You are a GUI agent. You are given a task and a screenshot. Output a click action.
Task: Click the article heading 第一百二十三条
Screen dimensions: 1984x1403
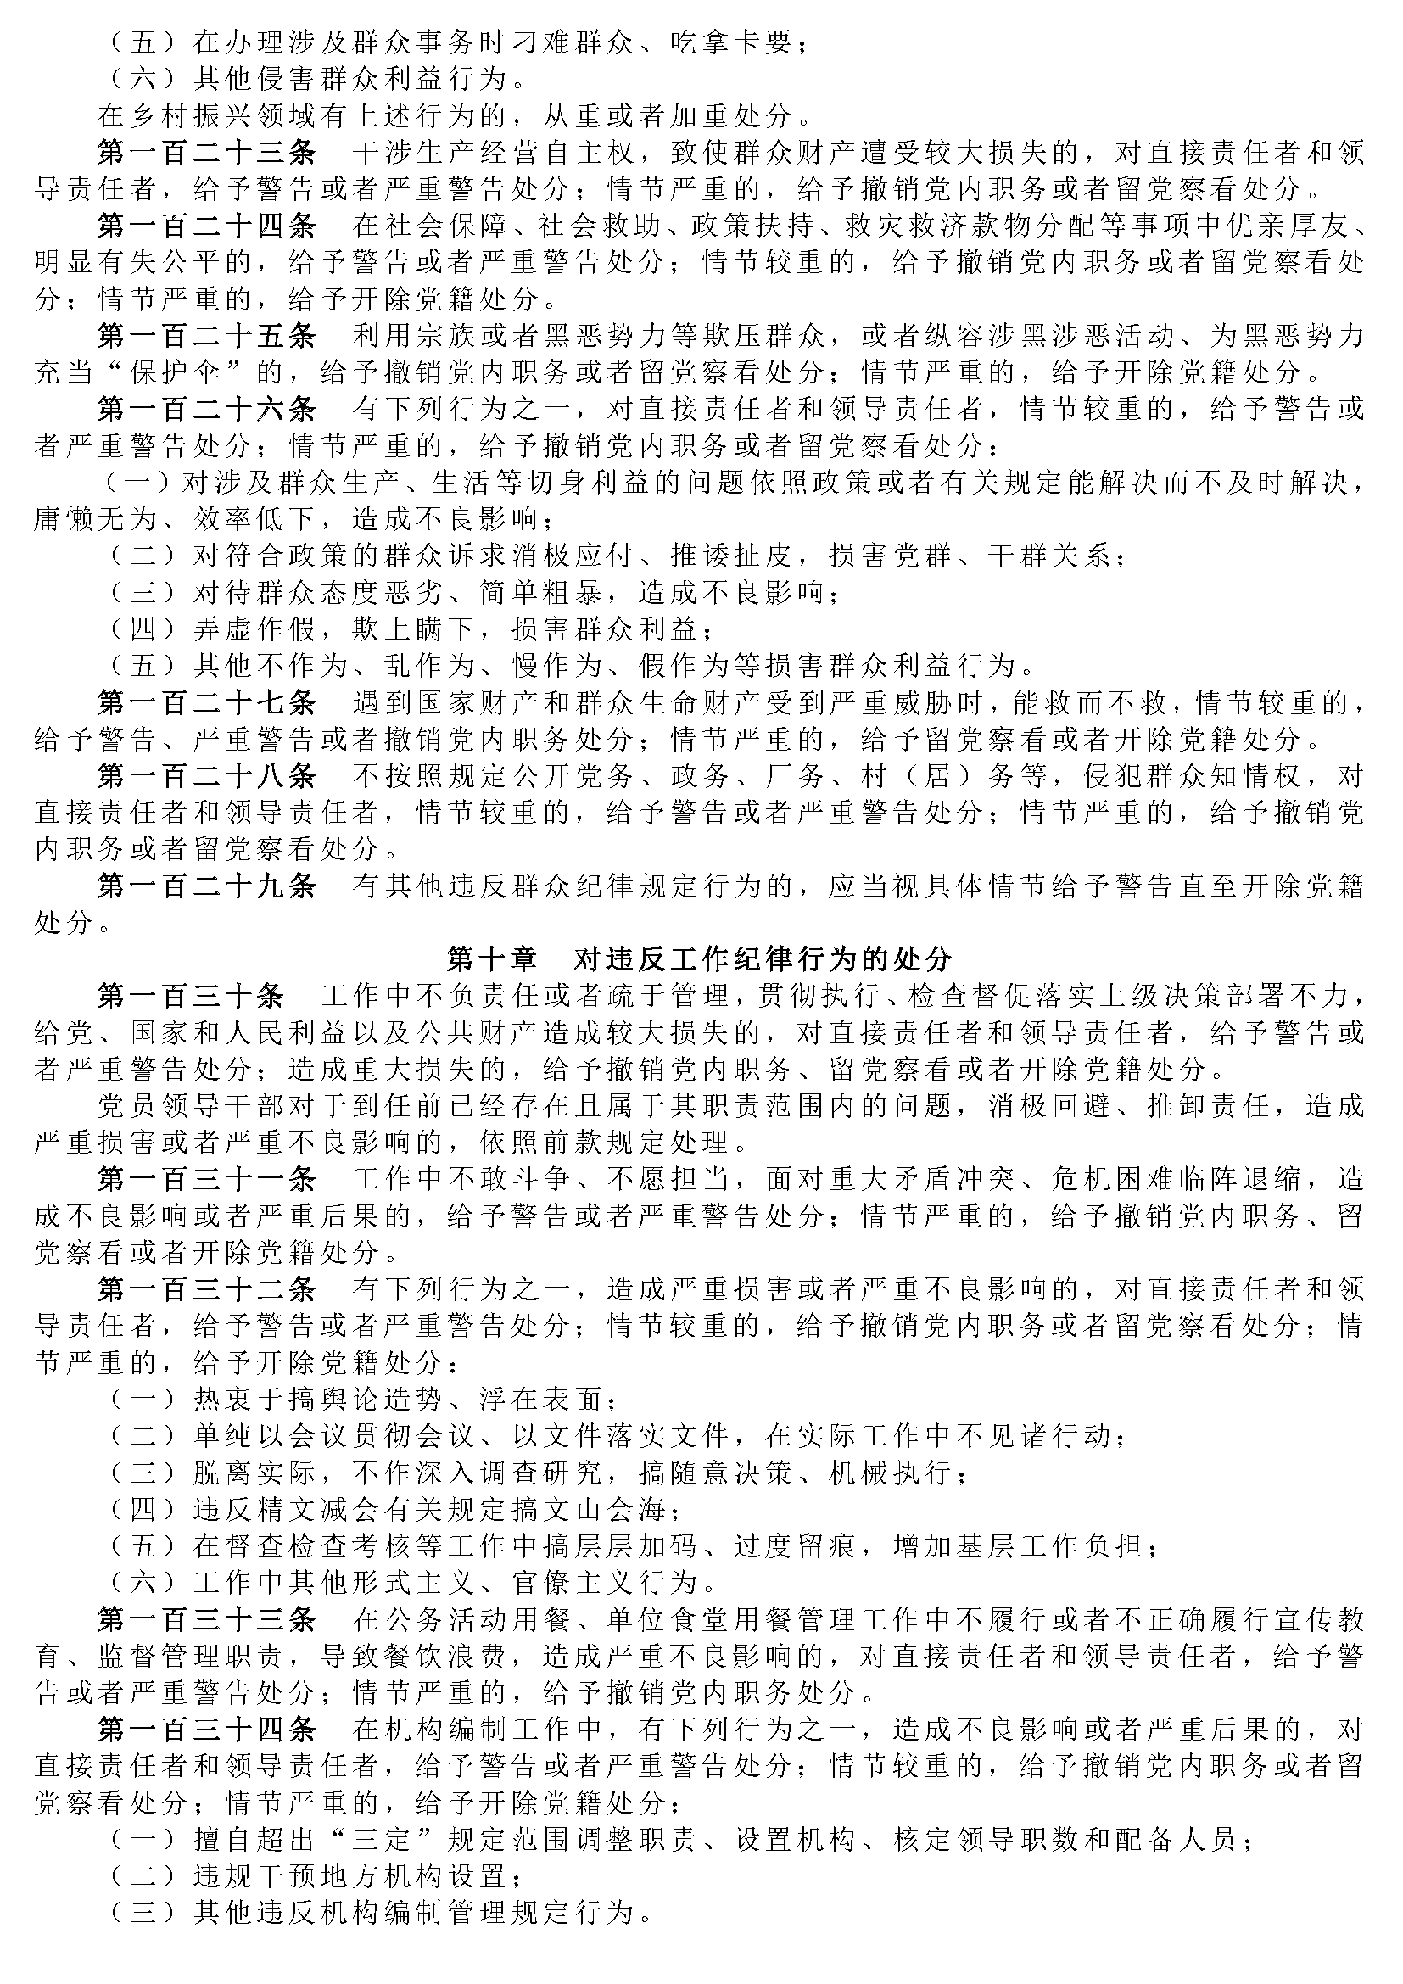coord(206,152)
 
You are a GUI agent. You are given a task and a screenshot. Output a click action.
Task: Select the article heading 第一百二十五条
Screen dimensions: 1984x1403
coord(206,335)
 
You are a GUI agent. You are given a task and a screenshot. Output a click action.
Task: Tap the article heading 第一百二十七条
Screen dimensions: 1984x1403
coord(206,702)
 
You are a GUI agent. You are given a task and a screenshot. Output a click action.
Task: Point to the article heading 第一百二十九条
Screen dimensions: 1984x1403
coord(206,886)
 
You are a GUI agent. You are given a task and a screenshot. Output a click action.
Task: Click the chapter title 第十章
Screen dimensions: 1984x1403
coord(490,959)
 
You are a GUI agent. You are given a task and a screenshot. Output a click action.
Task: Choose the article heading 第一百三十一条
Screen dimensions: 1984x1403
coord(206,1180)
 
